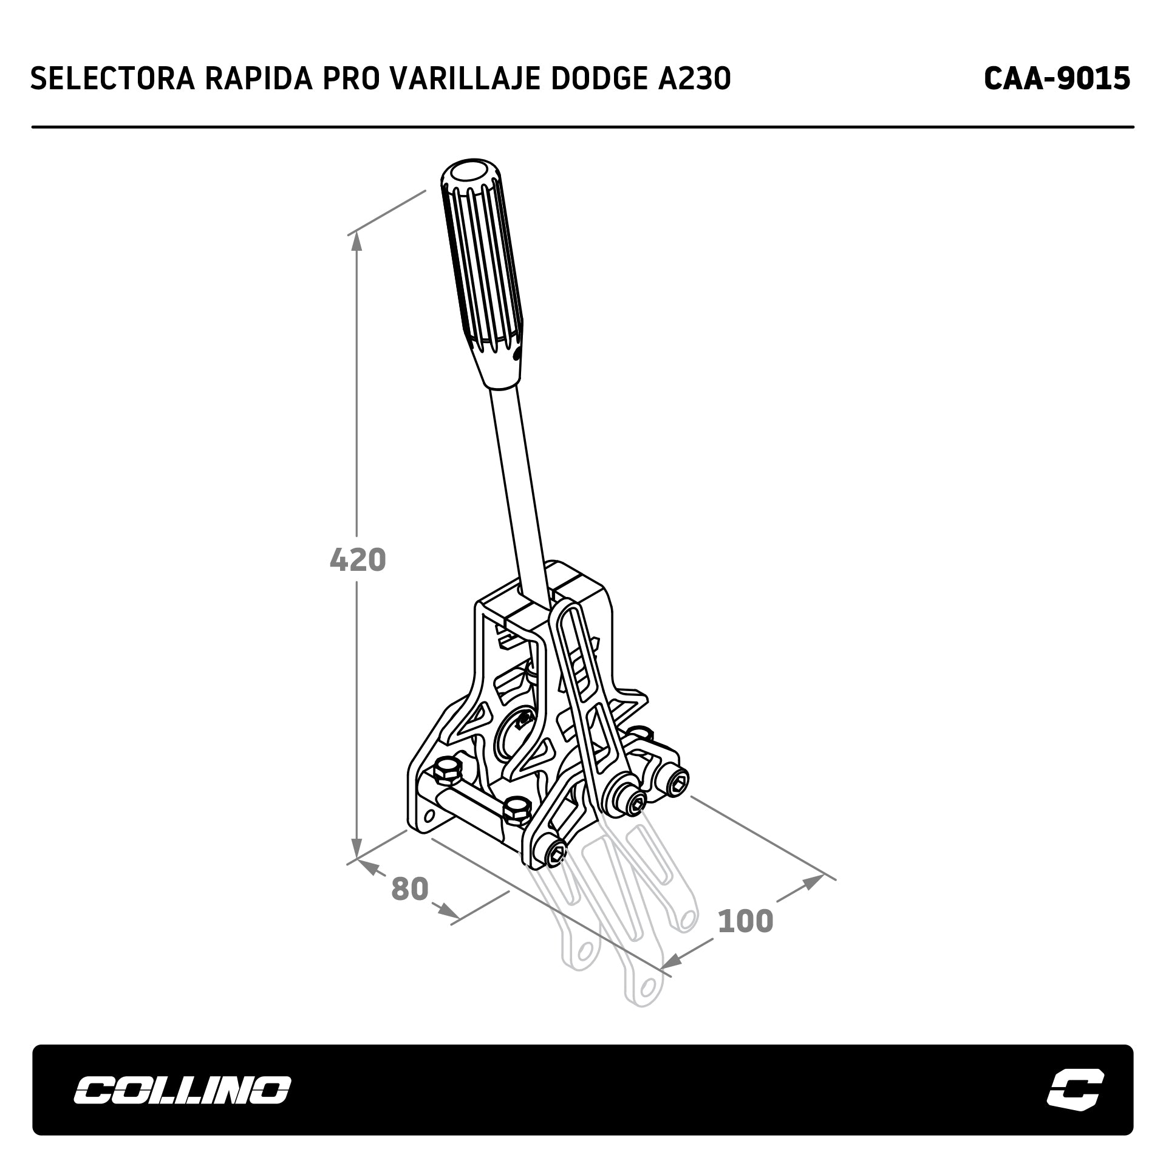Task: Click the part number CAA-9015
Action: point(1057,78)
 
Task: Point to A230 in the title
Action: point(694,78)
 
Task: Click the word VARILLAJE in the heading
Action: point(465,78)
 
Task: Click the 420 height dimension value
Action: point(358,560)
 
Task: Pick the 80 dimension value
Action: point(410,888)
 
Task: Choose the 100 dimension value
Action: point(746,921)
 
